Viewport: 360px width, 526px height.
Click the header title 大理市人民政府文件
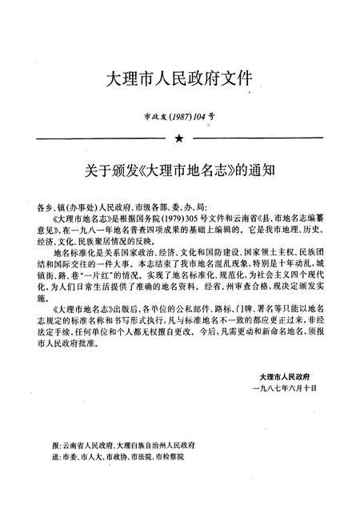[x=179, y=78]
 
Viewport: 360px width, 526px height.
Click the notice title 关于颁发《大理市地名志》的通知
[x=179, y=171]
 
